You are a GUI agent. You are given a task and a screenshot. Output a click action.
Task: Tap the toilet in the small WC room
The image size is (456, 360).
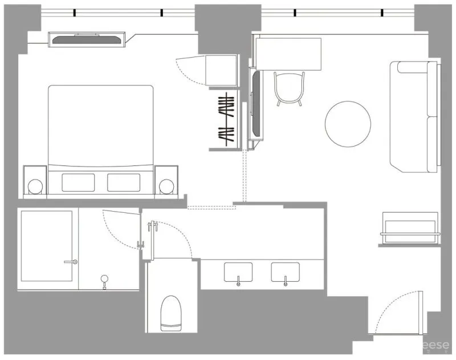click(x=170, y=313)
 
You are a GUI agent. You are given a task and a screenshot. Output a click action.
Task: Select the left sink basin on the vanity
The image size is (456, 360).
click(x=238, y=272)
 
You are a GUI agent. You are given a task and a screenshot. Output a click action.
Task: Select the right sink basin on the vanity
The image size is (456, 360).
click(x=285, y=272)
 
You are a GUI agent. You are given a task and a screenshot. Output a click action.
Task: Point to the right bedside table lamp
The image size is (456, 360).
click(x=167, y=187)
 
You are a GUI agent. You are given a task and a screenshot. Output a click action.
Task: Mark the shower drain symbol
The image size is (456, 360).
click(x=104, y=279)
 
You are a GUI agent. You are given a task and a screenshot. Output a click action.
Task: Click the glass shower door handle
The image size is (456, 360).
click(x=71, y=262)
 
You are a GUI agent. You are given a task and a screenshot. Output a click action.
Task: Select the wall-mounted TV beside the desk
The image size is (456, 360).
click(x=256, y=103)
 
